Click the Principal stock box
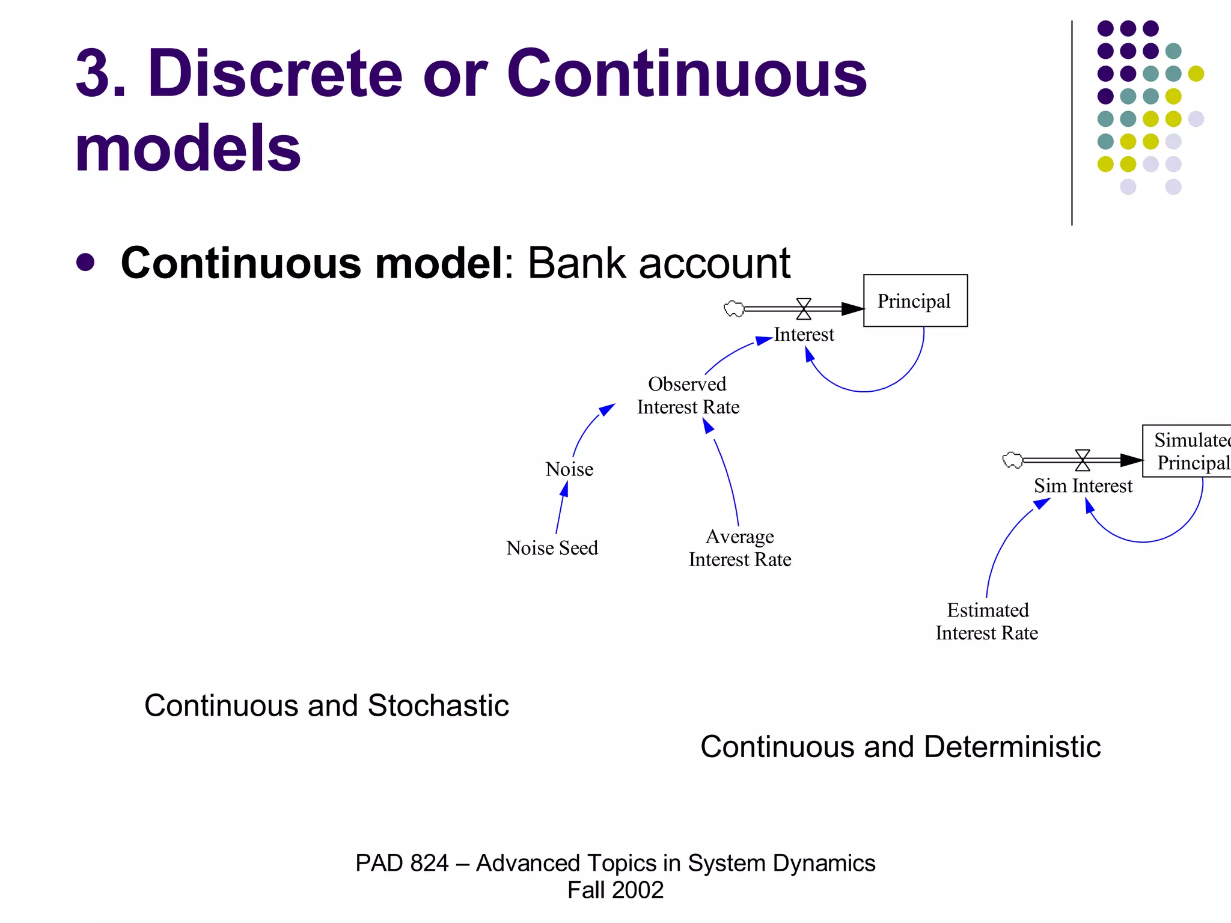(915, 300)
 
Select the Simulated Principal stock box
(1187, 451)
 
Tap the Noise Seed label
(552, 548)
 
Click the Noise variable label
(569, 469)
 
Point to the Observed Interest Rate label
(688, 395)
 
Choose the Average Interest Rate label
(740, 547)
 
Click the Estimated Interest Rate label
(987, 621)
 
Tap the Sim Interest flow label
(1083, 486)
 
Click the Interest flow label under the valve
(804, 334)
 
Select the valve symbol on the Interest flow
(804, 309)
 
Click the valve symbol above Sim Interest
(1083, 460)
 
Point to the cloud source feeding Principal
(734, 309)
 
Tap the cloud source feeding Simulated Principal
(1013, 460)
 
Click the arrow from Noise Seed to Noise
(560, 508)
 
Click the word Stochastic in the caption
(438, 705)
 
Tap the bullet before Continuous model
(86, 263)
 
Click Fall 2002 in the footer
(615, 890)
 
